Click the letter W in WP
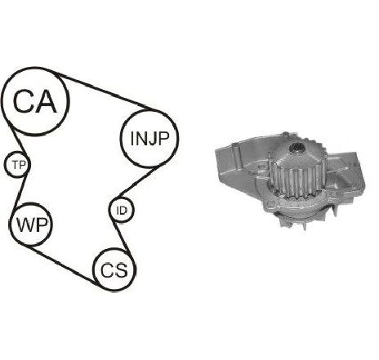[26, 225]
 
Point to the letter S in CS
[121, 270]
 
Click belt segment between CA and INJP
[105, 92]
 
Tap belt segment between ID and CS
[122, 239]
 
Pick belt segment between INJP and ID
[136, 182]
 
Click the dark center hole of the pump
[297, 149]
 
